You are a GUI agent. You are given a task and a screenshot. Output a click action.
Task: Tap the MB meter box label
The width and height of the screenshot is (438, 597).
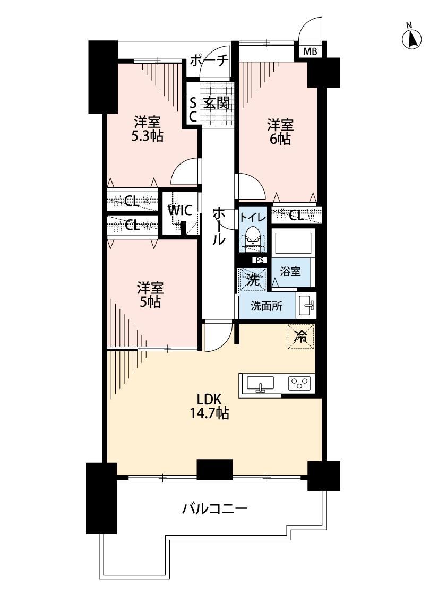pyautogui.click(x=310, y=51)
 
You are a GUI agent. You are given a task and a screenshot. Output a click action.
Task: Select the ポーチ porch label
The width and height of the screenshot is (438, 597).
pyautogui.click(x=209, y=60)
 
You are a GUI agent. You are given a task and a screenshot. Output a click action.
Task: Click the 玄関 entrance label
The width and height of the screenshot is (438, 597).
pyautogui.click(x=216, y=103)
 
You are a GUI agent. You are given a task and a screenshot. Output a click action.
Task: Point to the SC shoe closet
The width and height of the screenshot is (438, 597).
pyautogui.click(x=193, y=109)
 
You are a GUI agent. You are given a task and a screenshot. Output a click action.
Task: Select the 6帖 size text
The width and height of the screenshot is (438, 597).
pyautogui.click(x=280, y=140)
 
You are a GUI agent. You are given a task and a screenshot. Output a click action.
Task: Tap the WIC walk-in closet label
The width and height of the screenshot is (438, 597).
pyautogui.click(x=181, y=211)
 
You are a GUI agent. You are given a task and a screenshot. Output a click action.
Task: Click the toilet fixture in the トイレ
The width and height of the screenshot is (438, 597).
pyautogui.click(x=253, y=238)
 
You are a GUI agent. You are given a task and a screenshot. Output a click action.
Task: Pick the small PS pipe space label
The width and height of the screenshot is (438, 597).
pyautogui.click(x=260, y=261)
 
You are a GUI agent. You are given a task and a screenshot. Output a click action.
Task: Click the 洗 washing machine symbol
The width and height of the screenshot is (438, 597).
pyautogui.click(x=252, y=280)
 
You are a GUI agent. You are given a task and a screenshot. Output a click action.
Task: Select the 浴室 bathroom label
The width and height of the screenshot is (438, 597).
pyautogui.click(x=290, y=272)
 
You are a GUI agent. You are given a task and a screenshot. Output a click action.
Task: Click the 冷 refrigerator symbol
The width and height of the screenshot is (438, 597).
pyautogui.click(x=301, y=336)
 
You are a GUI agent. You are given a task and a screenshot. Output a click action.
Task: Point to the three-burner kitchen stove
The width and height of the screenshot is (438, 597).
pyautogui.click(x=300, y=383)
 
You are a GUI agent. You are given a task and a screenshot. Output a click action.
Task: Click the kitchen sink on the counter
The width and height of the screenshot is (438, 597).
pyautogui.click(x=260, y=383)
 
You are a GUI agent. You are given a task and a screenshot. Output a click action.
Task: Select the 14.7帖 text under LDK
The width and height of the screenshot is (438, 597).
pyautogui.click(x=209, y=413)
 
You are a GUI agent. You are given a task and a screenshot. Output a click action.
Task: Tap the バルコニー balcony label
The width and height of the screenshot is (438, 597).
pyautogui.click(x=215, y=508)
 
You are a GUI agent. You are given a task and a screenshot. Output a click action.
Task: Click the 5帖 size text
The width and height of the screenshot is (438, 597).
pyautogui.click(x=150, y=301)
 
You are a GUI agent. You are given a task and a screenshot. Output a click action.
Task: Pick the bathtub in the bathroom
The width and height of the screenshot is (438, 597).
pyautogui.click(x=293, y=242)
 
